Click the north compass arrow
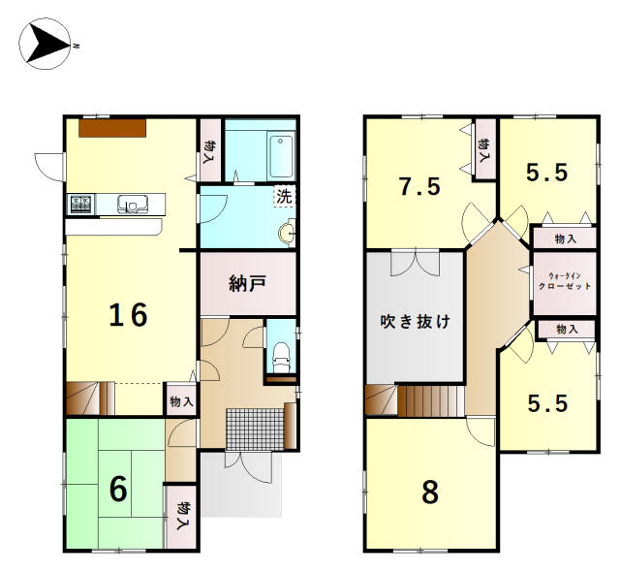(46, 44)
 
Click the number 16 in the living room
(128, 315)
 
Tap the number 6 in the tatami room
(118, 489)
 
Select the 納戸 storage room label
(248, 283)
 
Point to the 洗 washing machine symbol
(284, 196)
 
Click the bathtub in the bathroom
(282, 155)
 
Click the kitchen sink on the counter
(133, 204)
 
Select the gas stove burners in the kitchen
(82, 205)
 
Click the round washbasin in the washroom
(287, 233)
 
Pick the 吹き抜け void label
(416, 321)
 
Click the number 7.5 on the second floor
(419, 187)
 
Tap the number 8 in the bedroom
(430, 492)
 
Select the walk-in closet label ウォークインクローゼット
(565, 281)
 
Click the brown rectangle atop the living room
(112, 128)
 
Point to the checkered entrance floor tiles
(255, 430)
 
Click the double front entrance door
(248, 466)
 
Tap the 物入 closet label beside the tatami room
(182, 516)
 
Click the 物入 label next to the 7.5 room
(483, 150)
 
